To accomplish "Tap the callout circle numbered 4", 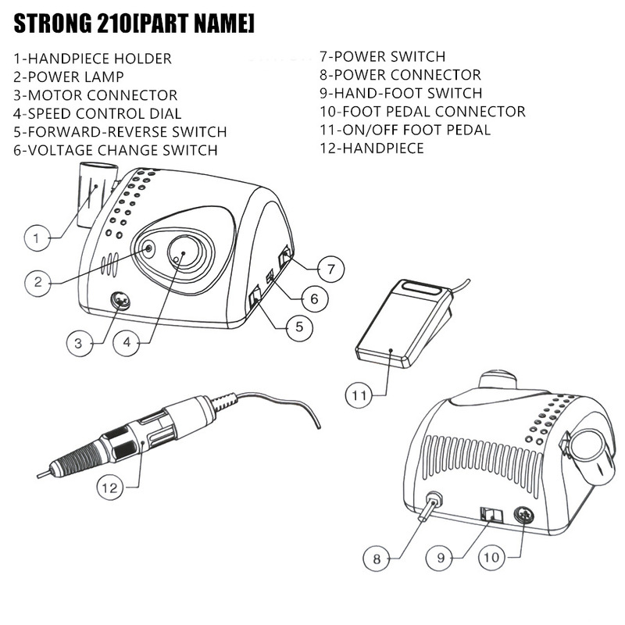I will tap(127, 341).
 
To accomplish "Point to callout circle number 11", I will tap(358, 395).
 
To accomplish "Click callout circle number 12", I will tap(112, 487).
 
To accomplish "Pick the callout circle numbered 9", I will tap(441, 558).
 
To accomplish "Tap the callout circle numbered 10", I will tap(491, 558).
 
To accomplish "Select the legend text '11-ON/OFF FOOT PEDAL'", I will tap(405, 130).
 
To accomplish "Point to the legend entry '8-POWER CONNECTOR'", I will tap(400, 76).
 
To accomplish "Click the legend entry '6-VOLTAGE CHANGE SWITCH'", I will tap(115, 150).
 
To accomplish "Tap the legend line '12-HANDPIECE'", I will tap(371, 148).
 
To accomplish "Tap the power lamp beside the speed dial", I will tap(149, 250).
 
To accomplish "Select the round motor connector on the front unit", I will tap(120, 300).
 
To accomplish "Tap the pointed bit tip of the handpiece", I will tap(40, 474).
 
